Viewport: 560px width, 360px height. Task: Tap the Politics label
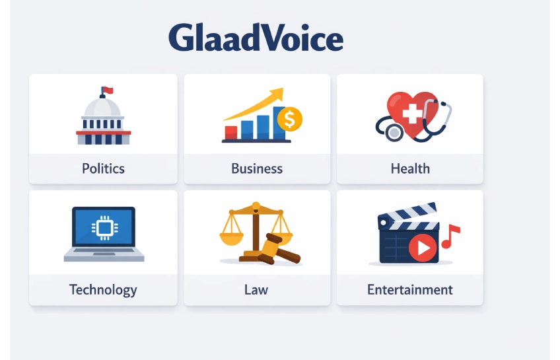pos(103,168)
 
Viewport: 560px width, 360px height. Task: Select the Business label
pos(257,168)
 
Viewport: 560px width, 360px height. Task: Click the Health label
pos(410,168)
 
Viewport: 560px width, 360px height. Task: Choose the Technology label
pos(103,289)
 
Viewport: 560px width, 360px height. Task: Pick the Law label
pos(257,289)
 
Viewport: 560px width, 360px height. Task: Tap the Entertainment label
pos(410,289)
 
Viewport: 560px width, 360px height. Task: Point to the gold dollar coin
pos(289,120)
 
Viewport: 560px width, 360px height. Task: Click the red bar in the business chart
pos(231,131)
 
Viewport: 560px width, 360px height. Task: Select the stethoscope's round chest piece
pos(394,132)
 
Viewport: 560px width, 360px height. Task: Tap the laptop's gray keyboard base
pos(104,255)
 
